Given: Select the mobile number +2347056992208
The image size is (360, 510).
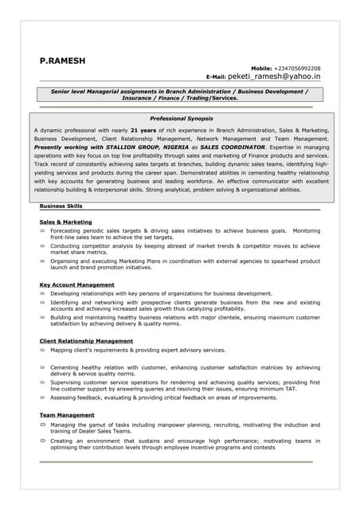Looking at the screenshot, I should tap(297, 69).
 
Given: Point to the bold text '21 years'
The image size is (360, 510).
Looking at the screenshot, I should tap(143, 129).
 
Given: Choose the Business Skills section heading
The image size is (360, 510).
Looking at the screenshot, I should tap(61, 206).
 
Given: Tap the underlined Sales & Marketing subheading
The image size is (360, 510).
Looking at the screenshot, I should tap(65, 222).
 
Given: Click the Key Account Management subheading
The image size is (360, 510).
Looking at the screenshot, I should tap(76, 284).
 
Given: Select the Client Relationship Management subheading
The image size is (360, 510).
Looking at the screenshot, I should tap(86, 341).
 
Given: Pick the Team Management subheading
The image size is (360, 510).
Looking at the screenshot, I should tap(67, 415).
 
